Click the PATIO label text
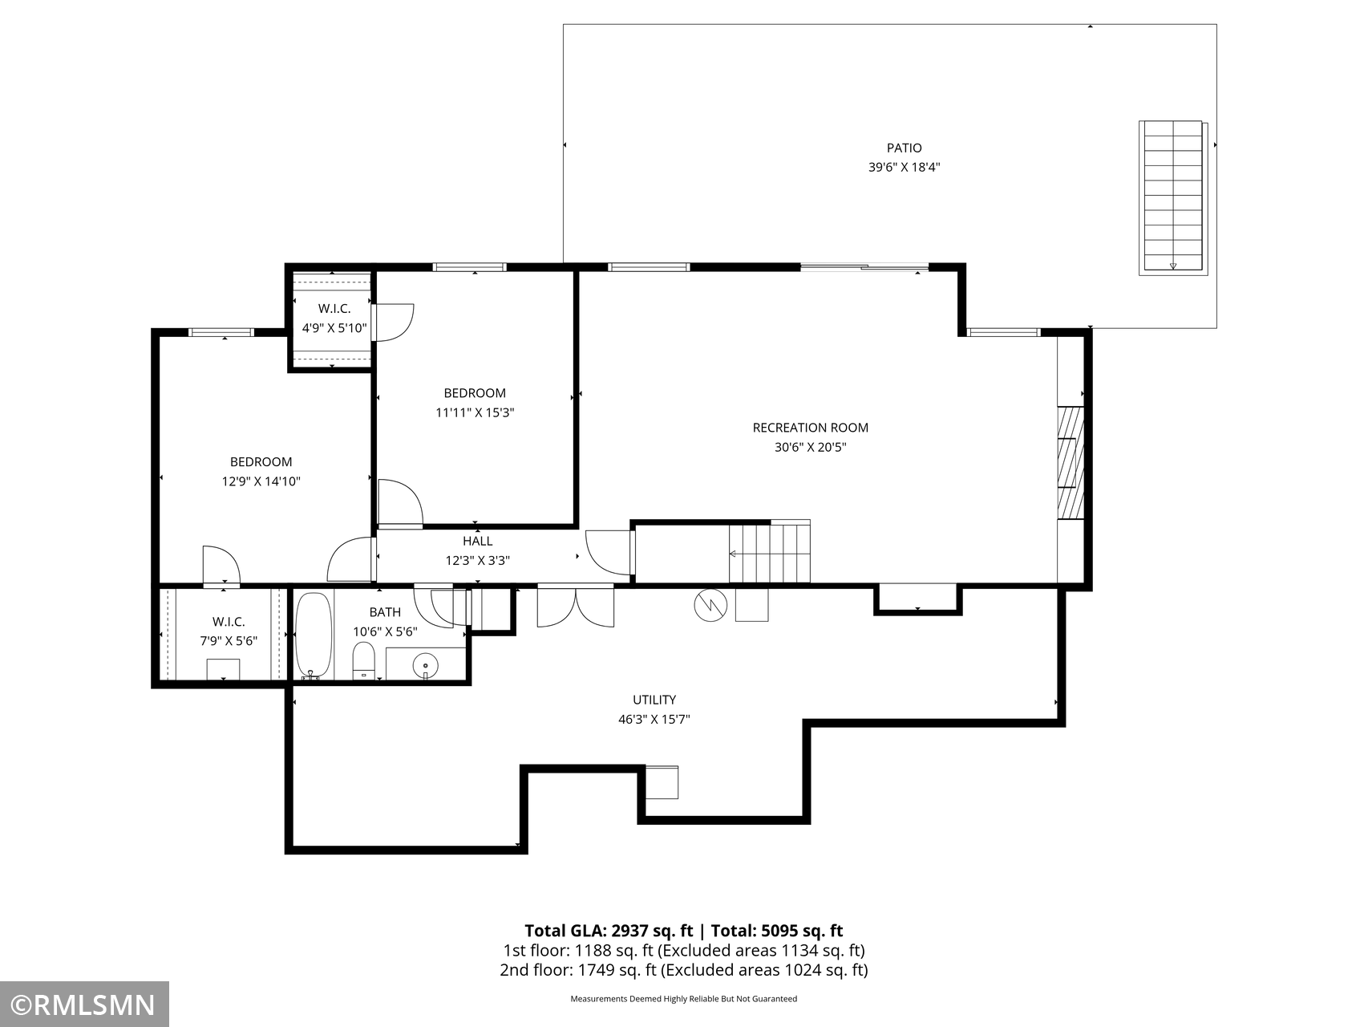point(904,148)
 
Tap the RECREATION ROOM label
point(810,428)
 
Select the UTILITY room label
point(654,700)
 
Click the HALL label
point(477,541)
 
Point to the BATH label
point(385,612)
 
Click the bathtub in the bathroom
point(314,635)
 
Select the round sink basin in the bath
point(425,665)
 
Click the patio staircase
point(1173,197)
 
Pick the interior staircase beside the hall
point(769,551)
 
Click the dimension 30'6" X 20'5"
point(810,448)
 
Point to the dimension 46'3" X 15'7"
point(654,720)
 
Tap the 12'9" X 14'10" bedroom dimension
point(261,481)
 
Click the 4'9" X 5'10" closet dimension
point(334,328)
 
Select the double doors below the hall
point(576,606)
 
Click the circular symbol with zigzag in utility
point(710,606)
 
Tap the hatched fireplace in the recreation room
point(1071,463)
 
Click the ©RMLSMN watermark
point(84,1005)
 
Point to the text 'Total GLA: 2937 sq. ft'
point(609,931)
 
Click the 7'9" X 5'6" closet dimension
point(229,642)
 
